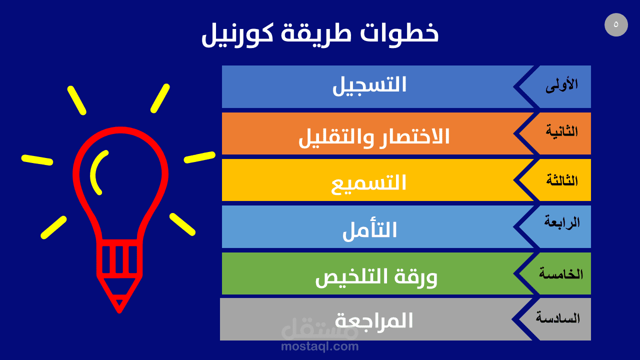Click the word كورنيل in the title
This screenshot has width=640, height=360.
point(237,34)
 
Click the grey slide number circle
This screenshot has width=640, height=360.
point(616,24)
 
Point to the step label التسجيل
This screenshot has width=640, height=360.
point(369,85)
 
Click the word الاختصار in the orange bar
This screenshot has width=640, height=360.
point(414,136)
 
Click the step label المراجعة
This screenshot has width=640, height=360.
point(373,320)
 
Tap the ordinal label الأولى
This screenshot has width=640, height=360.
point(561,85)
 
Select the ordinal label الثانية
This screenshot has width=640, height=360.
point(561,131)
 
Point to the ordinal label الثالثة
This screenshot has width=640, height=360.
point(561,180)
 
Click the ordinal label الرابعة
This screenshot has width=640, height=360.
point(561,222)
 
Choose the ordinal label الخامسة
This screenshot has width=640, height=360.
point(561,273)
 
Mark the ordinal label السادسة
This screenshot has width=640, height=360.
point(557,317)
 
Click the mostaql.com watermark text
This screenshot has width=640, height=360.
point(319,346)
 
